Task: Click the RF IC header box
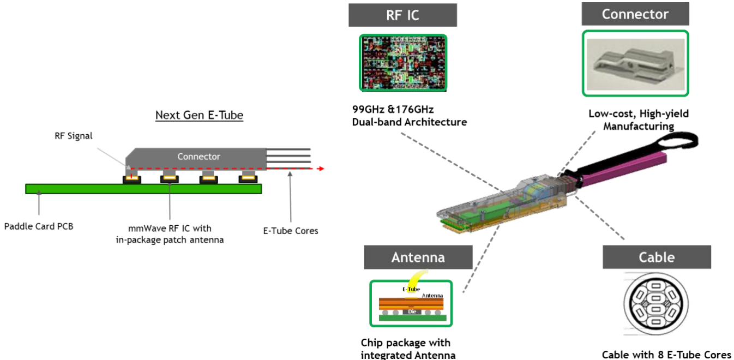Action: [402, 15]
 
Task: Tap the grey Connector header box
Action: [635, 14]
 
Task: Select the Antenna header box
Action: [418, 257]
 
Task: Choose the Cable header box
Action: [657, 257]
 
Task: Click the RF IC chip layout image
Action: [403, 63]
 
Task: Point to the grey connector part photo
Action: [635, 64]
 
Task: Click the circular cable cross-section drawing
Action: [655, 304]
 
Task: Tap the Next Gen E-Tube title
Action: [199, 115]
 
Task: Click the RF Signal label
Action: [74, 136]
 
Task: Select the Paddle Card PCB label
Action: [39, 226]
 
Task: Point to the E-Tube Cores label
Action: [291, 231]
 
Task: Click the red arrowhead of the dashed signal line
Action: [321, 169]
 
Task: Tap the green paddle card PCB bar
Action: [143, 189]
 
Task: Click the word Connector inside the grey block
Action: [198, 157]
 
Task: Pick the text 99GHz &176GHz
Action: [393, 109]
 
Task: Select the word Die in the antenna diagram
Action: [412, 311]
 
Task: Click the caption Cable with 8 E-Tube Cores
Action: [666, 355]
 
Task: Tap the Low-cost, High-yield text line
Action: [639, 113]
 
